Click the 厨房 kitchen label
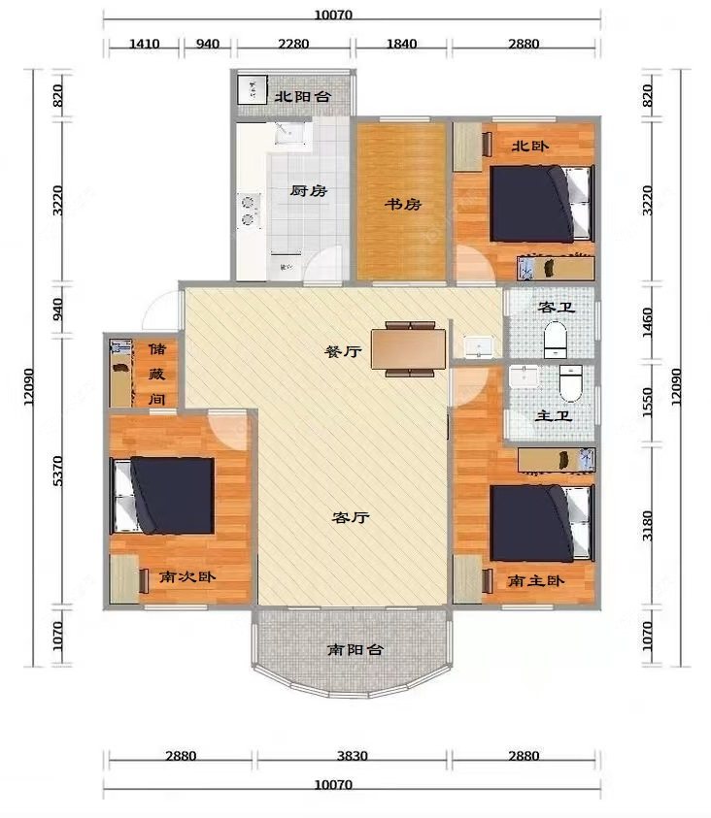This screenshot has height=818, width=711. (308, 191)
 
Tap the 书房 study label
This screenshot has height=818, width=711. (401, 205)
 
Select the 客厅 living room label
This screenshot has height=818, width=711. (350, 517)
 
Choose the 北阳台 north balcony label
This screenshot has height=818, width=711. (302, 97)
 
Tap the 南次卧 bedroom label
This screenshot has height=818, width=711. (188, 576)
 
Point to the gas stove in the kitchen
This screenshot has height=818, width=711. (249, 211)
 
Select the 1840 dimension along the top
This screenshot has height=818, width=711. (401, 44)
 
